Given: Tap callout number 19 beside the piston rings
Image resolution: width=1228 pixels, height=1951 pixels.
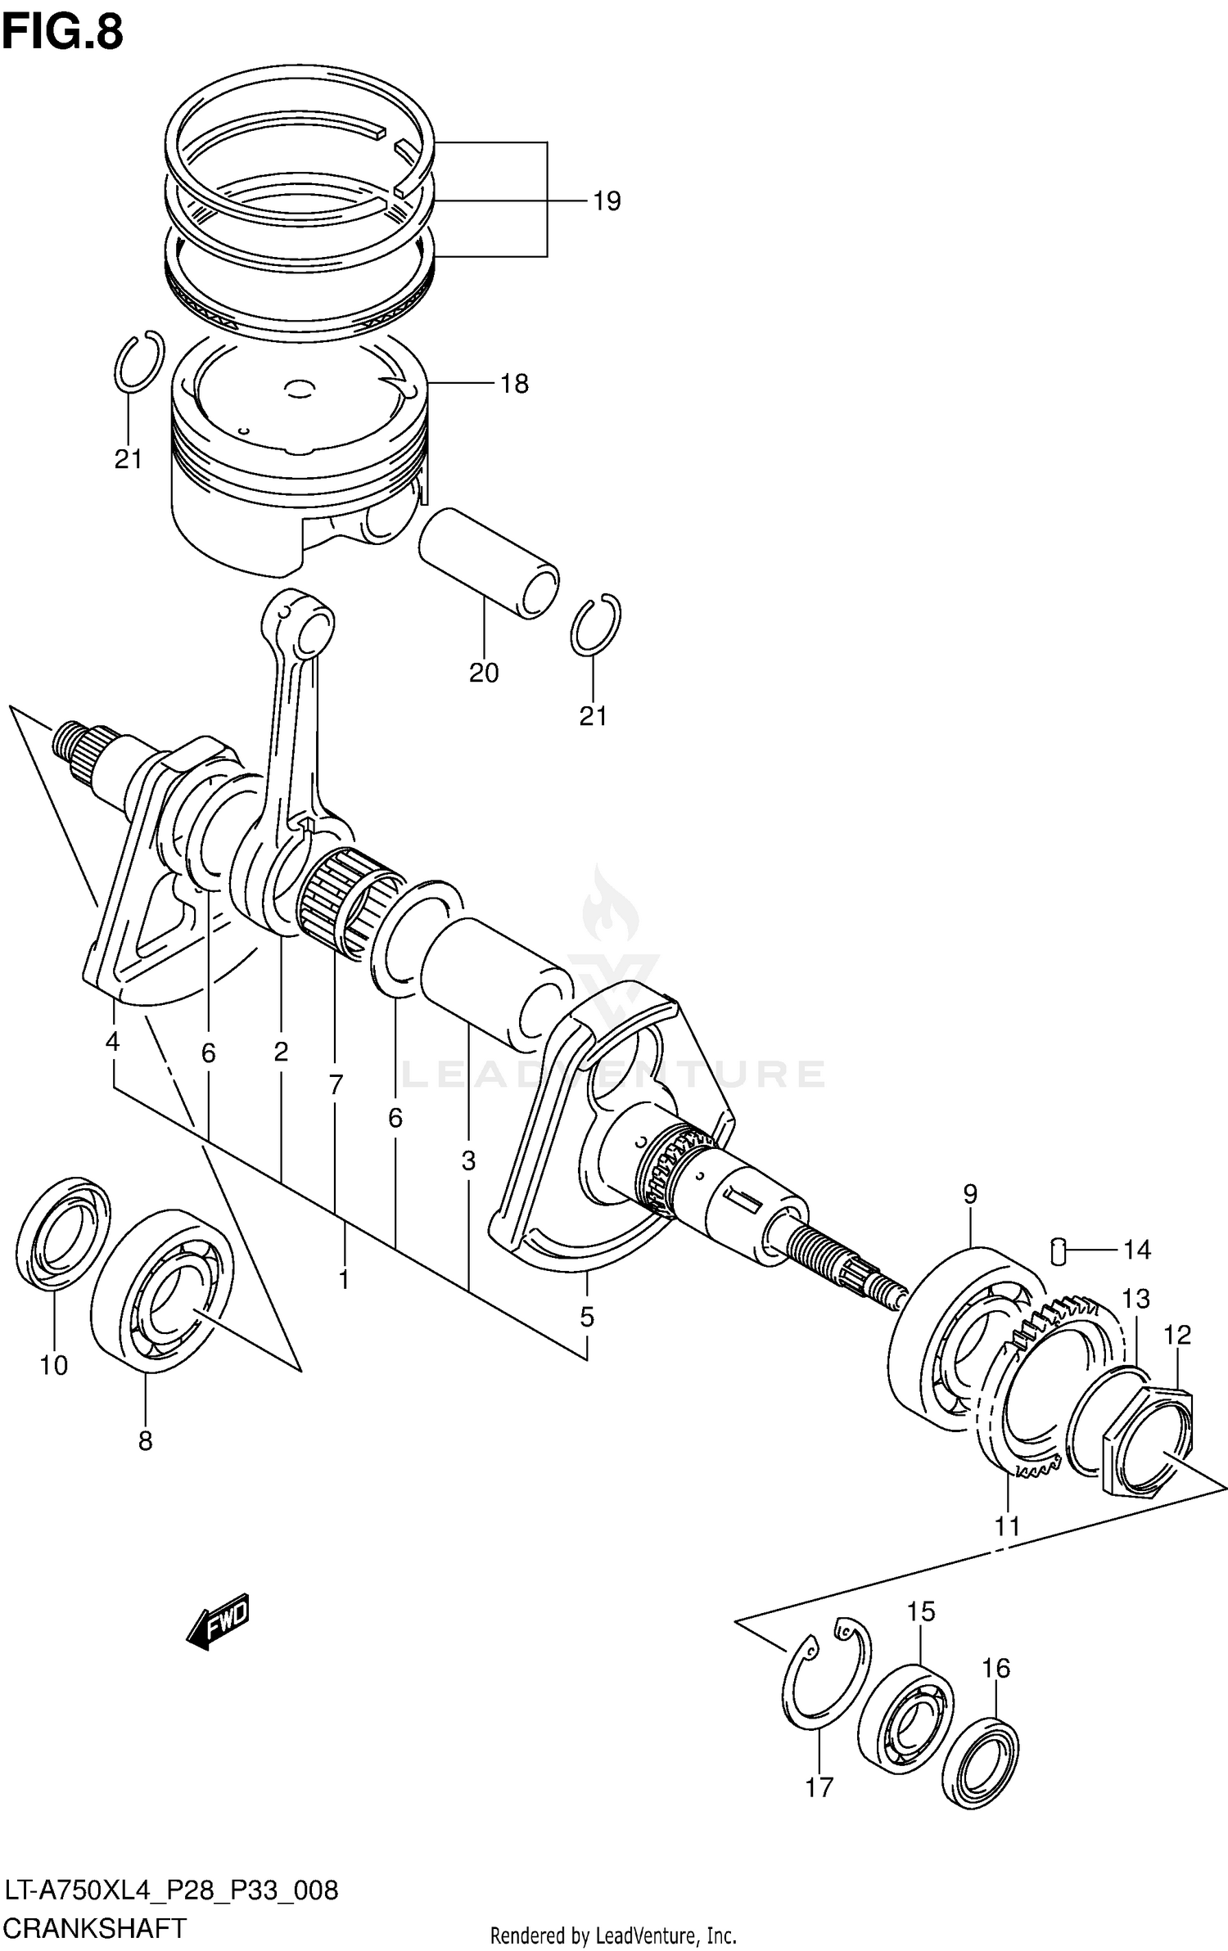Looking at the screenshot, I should [607, 201].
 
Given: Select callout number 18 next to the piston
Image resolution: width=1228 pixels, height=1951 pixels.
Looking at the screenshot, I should [514, 383].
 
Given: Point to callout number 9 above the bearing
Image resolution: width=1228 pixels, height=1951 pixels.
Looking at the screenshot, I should [969, 1194].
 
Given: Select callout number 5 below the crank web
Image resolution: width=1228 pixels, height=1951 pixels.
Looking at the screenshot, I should [586, 1317].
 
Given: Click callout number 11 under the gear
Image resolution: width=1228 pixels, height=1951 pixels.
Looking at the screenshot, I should [1007, 1526].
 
